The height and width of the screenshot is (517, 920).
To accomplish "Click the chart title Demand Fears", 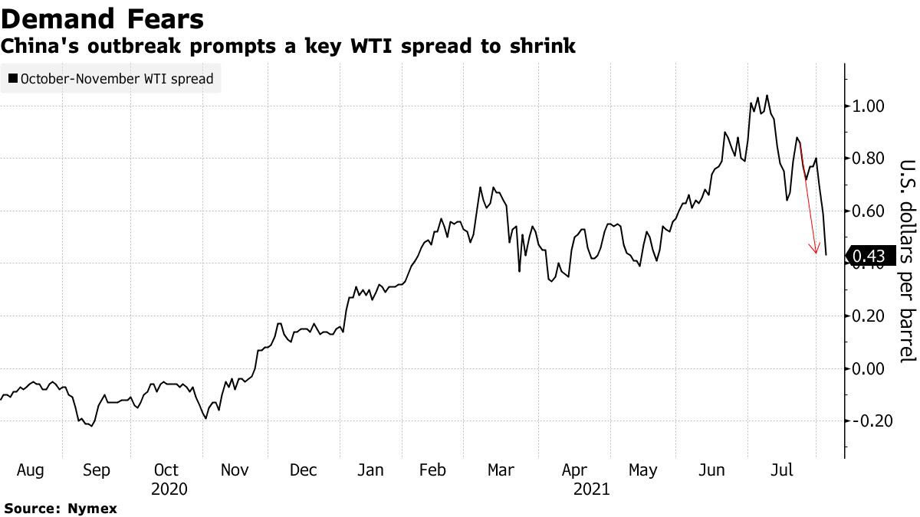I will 103,18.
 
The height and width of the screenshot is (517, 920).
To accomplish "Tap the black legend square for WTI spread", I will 13,78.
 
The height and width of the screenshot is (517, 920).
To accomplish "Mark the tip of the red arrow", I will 816,253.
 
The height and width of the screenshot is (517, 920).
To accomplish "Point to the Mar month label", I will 501,470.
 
